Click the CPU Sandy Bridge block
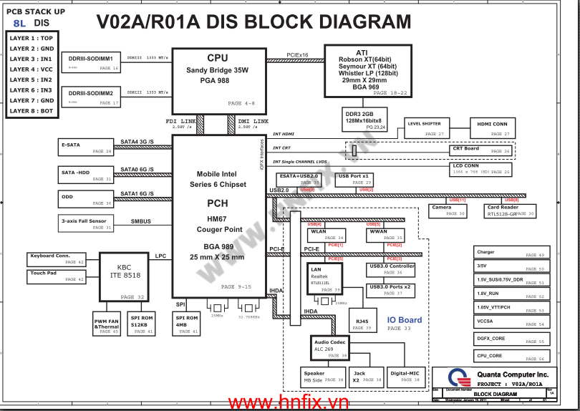217,79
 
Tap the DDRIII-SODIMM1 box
91,62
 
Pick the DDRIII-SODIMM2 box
91,97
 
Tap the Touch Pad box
57,276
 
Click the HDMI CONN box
492,128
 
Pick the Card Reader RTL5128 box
511,211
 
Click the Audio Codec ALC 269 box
330,348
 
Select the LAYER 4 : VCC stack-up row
32,69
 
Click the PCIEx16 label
297,54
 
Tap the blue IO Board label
405,320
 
